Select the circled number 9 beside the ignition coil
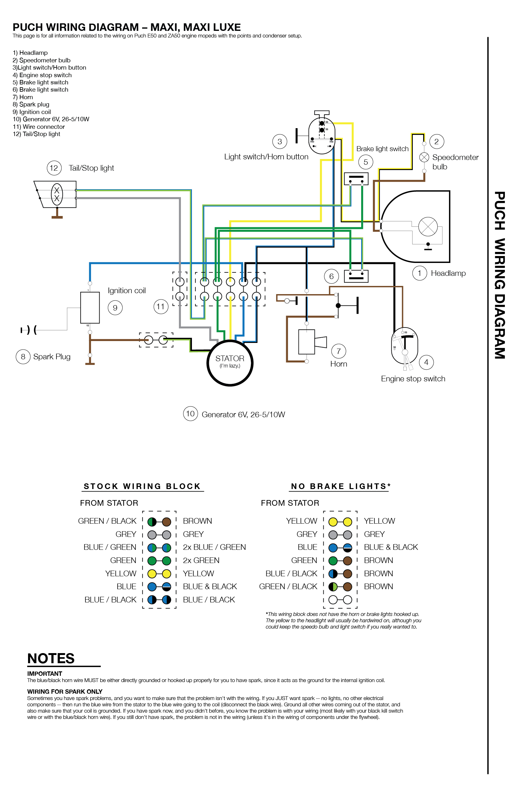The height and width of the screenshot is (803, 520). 115,308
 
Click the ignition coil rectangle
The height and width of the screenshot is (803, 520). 90,307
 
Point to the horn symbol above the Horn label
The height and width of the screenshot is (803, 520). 312,342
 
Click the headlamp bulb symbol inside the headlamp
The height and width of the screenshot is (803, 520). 428,226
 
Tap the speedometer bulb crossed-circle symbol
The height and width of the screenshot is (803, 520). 424,157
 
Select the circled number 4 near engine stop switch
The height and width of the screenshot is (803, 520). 426,362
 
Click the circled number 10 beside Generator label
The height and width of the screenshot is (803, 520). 190,414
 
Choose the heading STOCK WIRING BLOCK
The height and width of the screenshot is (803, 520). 142,486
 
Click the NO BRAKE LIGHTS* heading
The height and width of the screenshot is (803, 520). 340,486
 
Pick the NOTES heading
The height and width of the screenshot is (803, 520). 51,658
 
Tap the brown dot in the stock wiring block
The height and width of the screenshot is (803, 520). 166,522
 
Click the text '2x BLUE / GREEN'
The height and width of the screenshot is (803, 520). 214,547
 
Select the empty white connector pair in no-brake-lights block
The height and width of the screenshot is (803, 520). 340,600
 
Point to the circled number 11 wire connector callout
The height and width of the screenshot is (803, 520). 161,306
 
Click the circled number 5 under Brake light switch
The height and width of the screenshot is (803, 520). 365,162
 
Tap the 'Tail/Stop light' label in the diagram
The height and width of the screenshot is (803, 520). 91,168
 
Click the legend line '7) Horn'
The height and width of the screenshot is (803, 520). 23,97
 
